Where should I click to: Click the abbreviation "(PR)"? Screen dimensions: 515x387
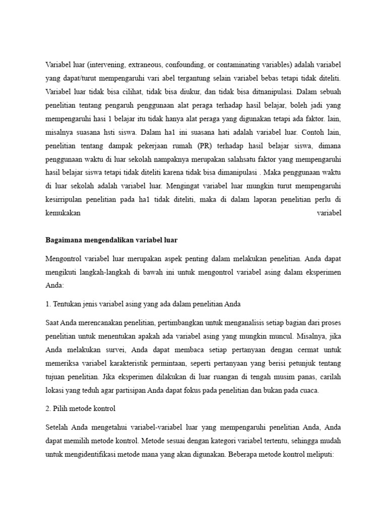click(x=197, y=146)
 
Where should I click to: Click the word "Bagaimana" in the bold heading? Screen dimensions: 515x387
click(x=62, y=240)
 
